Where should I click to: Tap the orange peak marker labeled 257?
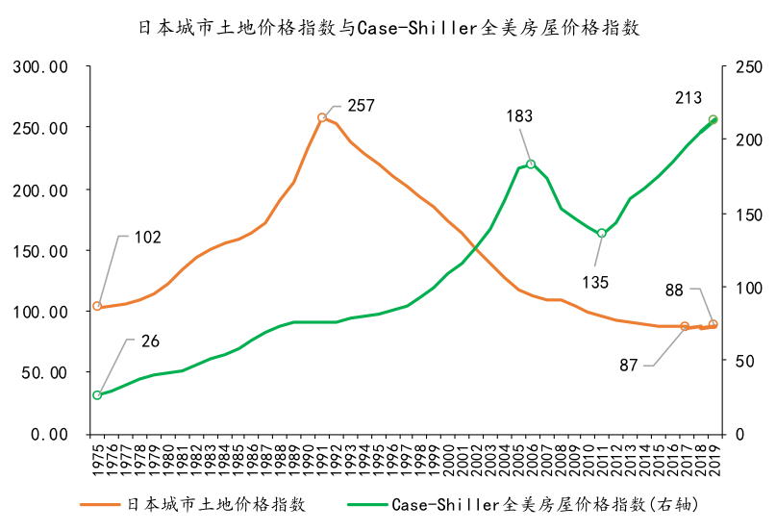tap(322, 117)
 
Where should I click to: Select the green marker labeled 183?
tap(531, 164)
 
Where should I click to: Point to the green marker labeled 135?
tap(602, 233)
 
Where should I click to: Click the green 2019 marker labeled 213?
tap(713, 120)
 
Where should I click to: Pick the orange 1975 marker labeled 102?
tap(97, 306)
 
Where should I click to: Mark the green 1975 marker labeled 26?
tap(97, 395)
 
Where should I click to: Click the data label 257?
tap(361, 106)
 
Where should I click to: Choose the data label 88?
tap(674, 289)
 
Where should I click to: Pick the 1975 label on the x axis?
tap(97, 453)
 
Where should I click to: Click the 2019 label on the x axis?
tap(713, 453)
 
